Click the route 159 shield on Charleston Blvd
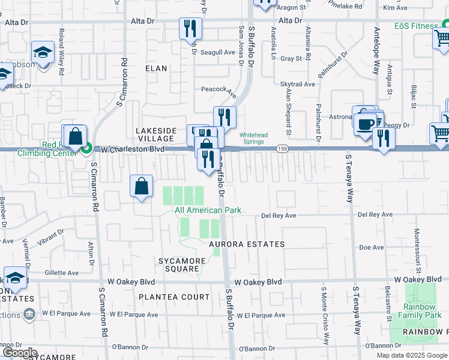point(281,148)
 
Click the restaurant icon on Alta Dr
point(190,28)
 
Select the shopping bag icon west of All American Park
point(142,186)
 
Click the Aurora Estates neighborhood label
point(246,244)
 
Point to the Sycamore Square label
point(178,265)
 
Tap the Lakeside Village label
point(156,134)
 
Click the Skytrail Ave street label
point(298,85)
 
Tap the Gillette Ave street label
point(61,272)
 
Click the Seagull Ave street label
point(217,52)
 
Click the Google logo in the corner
point(19,353)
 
